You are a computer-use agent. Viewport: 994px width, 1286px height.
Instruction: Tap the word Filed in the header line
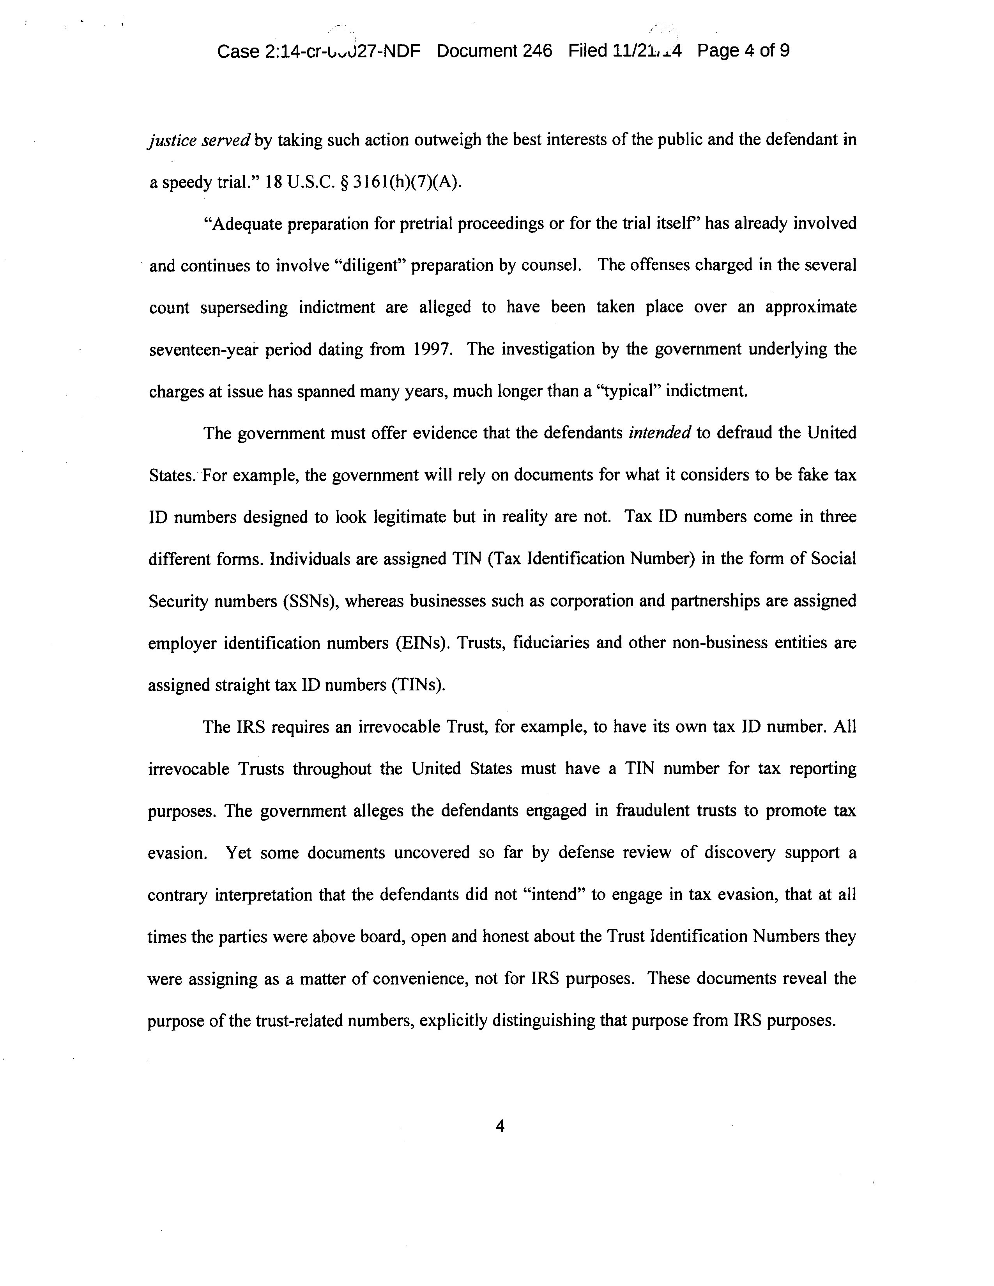click(x=587, y=51)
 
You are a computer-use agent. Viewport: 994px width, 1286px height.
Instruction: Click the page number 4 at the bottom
click(x=500, y=1126)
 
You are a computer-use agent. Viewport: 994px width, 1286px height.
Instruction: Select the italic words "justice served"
click(x=199, y=140)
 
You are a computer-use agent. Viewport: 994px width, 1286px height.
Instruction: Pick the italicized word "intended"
click(x=659, y=433)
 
